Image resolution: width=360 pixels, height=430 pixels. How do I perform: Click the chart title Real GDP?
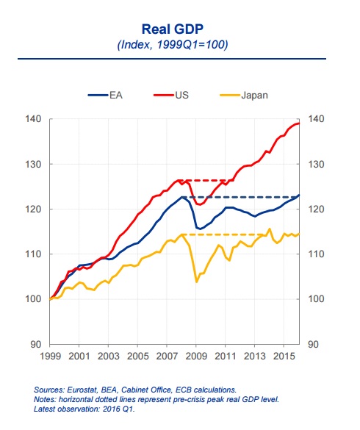pos(173,29)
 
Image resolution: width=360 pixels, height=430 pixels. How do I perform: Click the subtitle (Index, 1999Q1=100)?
pos(173,44)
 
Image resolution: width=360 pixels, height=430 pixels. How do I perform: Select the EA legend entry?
pos(105,95)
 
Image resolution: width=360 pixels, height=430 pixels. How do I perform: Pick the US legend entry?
pos(171,95)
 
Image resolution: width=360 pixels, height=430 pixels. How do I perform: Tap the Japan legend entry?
pos(244,96)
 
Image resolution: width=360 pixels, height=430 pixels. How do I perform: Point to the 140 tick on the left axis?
pos(33,119)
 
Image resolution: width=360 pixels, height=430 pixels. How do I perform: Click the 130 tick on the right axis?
pos(316,164)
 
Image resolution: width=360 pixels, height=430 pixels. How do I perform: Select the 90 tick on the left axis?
pos(36,344)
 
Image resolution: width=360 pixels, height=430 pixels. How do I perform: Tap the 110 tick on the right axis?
pos(316,254)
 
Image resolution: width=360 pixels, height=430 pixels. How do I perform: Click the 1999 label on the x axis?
pos(50,356)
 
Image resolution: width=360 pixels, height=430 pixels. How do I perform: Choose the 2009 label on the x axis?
pos(196,356)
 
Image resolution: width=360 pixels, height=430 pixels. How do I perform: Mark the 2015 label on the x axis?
pos(284,356)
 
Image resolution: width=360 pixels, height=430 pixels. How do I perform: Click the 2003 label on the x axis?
pos(108,356)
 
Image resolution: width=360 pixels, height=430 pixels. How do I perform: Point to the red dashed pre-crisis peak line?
pos(206,180)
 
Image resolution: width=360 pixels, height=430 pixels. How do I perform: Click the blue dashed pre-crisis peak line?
pos(240,197)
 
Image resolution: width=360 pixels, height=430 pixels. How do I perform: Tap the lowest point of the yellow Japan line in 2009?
pos(196,282)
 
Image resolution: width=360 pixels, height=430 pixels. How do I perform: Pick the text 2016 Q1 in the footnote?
pos(118,409)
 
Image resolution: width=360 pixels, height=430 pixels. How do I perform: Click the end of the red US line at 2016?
pos(299,123)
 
